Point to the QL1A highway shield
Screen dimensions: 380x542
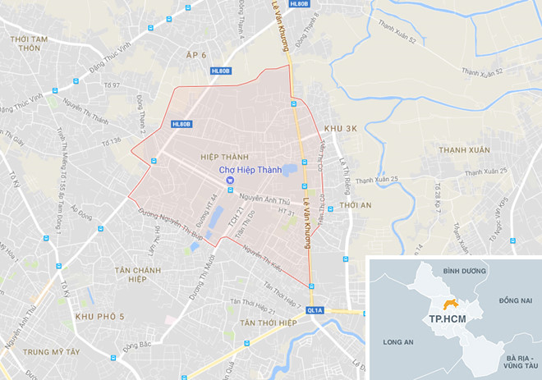(x=314, y=311)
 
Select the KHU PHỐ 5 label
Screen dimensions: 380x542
(x=99, y=316)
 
